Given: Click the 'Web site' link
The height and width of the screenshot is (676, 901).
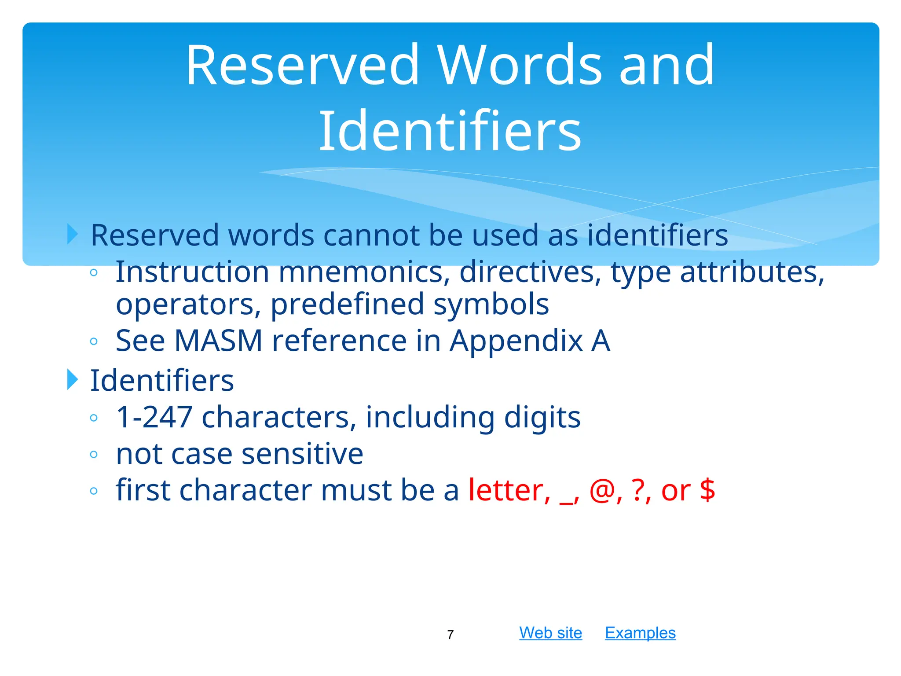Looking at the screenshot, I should pyautogui.click(x=550, y=633).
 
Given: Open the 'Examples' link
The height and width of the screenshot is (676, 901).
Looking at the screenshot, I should pyautogui.click(x=640, y=633).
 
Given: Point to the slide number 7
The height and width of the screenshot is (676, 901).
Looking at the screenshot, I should pyautogui.click(x=450, y=635).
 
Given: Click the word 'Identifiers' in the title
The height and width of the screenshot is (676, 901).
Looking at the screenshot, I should pyautogui.click(x=450, y=131).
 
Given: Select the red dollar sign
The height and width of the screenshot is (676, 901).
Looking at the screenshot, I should pyautogui.click(x=707, y=490).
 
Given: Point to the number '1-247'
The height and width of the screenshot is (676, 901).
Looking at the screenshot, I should pyautogui.click(x=154, y=417).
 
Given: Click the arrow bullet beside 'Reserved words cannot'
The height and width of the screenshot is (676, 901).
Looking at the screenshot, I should pyautogui.click(x=73, y=234).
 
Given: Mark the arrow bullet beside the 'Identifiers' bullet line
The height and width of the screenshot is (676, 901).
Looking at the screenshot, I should pyautogui.click(x=73, y=379).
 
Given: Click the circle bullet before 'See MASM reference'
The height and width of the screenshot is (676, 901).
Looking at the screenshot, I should pyautogui.click(x=93, y=341).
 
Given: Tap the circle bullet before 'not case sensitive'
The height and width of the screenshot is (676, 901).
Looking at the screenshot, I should pyautogui.click(x=93, y=454).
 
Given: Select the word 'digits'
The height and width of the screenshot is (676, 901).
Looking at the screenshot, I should pyautogui.click(x=542, y=417).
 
